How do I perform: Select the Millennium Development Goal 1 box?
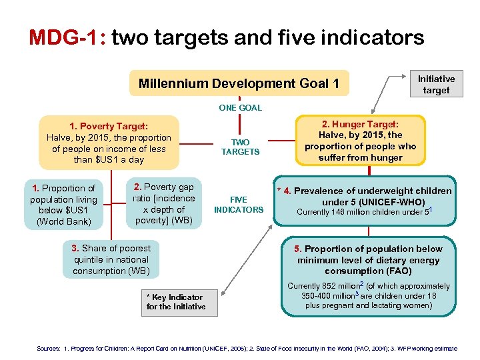[x=239, y=84]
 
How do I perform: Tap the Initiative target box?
[x=436, y=84]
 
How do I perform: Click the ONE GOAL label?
[x=240, y=107]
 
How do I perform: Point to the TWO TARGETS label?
[x=240, y=147]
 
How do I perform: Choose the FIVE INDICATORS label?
[x=239, y=205]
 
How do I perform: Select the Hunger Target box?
[x=360, y=141]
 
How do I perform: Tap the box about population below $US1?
[x=63, y=205]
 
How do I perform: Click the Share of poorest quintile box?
[x=111, y=259]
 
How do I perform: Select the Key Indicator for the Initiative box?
[x=175, y=302]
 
